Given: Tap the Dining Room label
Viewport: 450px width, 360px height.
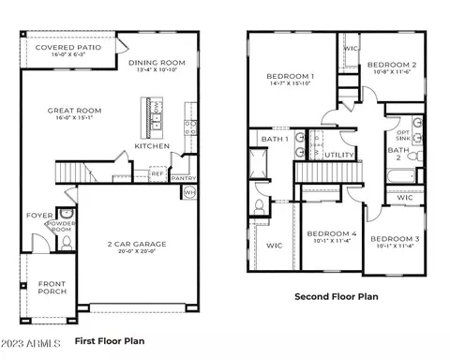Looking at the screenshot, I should pyautogui.click(x=157, y=63).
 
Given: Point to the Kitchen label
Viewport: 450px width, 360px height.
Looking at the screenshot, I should pyautogui.click(x=151, y=146).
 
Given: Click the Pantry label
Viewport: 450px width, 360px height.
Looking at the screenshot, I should pyautogui.click(x=184, y=177).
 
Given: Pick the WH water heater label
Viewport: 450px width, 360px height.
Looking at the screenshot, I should pyautogui.click(x=190, y=192).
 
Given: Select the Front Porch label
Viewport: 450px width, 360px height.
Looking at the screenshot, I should pyautogui.click(x=51, y=288).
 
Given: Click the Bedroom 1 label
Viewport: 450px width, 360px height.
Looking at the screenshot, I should pyautogui.click(x=290, y=75).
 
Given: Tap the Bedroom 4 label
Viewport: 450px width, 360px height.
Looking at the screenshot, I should pyautogui.click(x=332, y=233).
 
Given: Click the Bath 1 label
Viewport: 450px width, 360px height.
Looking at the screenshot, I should pyautogui.click(x=274, y=139).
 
